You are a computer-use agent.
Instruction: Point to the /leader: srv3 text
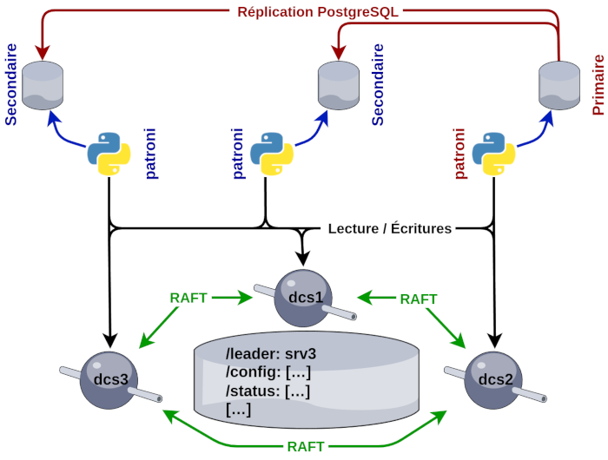click(x=272, y=354)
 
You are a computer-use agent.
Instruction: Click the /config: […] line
click(x=268, y=372)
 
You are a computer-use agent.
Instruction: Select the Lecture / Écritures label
click(x=390, y=229)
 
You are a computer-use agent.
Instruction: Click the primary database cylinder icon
click(x=559, y=85)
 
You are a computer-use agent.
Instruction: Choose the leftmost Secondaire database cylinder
click(x=42, y=85)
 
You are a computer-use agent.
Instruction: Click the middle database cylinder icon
click(x=339, y=85)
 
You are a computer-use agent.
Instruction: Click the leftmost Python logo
click(x=109, y=154)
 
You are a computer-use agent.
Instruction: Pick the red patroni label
click(x=459, y=154)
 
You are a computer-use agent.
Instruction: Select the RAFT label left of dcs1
click(x=188, y=298)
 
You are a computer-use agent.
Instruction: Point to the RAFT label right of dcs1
click(x=418, y=298)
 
